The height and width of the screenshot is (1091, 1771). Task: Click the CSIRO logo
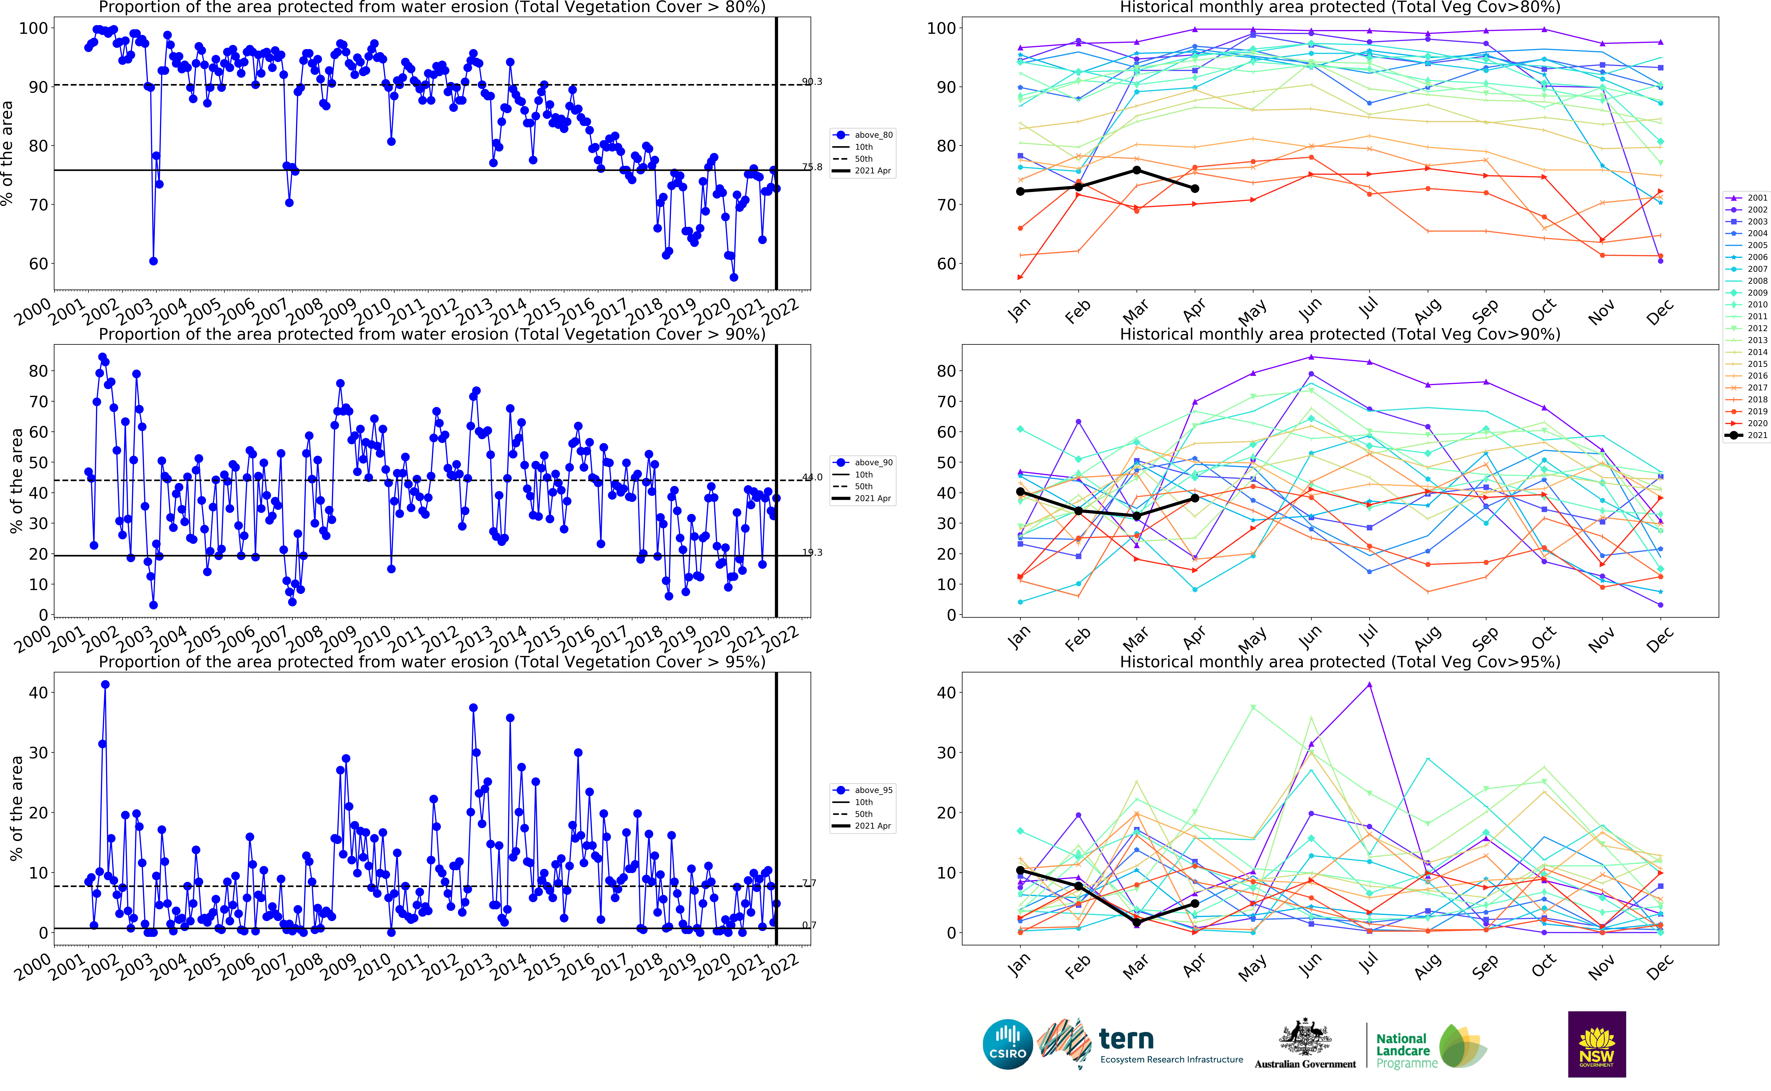point(1007,1044)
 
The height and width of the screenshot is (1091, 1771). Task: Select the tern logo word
point(1126,1039)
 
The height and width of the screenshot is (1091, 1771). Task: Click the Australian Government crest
point(1305,1038)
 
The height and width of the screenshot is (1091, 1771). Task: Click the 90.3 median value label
point(812,82)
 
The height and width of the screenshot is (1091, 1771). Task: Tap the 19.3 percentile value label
point(812,553)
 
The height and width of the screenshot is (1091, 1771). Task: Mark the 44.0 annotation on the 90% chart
point(812,477)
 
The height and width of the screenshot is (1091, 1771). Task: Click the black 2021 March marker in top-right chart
point(1137,170)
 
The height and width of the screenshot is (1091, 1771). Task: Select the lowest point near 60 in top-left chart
point(153,261)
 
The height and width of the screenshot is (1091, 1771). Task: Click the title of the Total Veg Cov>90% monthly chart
point(1339,334)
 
